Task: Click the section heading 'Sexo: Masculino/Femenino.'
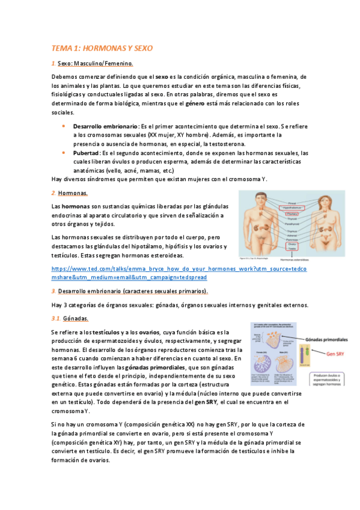(x=95, y=63)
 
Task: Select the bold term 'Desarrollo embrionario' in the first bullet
(x=105, y=127)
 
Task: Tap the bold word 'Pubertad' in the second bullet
(x=87, y=153)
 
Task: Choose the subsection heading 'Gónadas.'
(x=75, y=318)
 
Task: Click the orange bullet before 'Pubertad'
(x=64, y=153)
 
